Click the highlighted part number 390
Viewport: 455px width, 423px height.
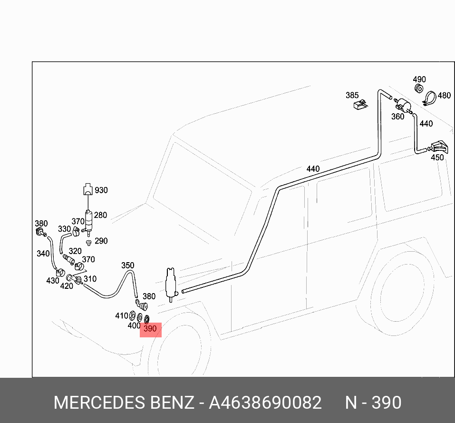tap(150, 329)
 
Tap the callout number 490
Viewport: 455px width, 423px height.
tap(419, 79)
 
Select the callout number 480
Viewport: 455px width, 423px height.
tap(444, 95)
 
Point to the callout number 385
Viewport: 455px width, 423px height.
tap(352, 95)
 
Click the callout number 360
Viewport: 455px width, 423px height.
tap(397, 117)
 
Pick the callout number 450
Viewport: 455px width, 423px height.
tap(437, 157)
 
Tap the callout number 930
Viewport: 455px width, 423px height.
tap(101, 190)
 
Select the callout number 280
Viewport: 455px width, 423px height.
tap(100, 215)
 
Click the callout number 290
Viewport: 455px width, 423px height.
tap(101, 241)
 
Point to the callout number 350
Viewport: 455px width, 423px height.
tap(127, 265)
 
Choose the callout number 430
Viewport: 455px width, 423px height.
tap(52, 281)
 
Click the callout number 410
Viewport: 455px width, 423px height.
tap(122, 315)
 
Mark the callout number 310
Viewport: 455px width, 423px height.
tap(90, 279)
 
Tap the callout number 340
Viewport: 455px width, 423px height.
tap(43, 254)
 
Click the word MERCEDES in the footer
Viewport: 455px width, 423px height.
tap(99, 403)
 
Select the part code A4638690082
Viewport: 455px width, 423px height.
tap(265, 403)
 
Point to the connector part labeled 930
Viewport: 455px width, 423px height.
tap(87, 189)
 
